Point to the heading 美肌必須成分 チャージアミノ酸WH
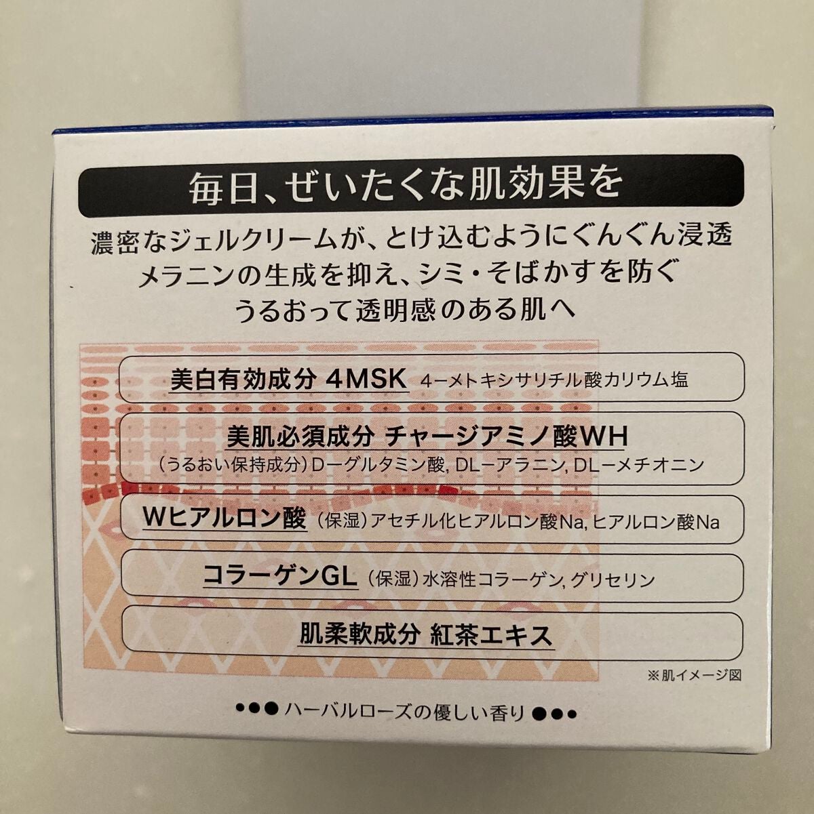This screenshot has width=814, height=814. click(428, 437)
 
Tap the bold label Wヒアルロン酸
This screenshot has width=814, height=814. click(223, 520)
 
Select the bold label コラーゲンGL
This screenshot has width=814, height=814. click(280, 578)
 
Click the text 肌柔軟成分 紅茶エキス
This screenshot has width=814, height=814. click(425, 636)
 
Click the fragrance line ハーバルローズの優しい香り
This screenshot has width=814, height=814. click(406, 712)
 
